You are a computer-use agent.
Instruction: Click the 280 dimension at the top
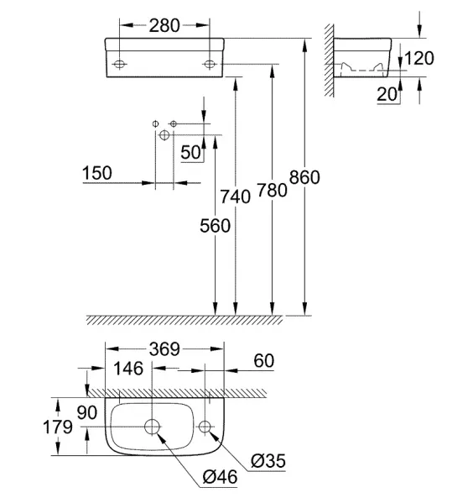click(164, 26)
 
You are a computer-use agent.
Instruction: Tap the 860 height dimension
click(304, 177)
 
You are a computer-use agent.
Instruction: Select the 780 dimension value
click(272, 191)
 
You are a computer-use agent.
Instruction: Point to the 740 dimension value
click(235, 196)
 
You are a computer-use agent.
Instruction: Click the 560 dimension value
click(215, 226)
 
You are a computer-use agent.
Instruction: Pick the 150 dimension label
click(97, 173)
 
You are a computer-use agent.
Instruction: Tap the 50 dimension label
click(190, 152)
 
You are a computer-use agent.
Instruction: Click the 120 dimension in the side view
click(419, 58)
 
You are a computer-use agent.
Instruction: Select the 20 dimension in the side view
click(387, 94)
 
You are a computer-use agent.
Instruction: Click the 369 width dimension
click(164, 349)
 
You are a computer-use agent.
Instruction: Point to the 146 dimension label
click(128, 369)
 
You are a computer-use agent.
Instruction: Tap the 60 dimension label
click(264, 360)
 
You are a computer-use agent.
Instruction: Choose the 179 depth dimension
click(58, 427)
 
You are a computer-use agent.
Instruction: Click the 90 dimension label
click(87, 412)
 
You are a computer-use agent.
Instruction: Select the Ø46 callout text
click(220, 477)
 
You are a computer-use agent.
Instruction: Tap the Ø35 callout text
click(268, 461)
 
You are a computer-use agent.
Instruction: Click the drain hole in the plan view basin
click(153, 427)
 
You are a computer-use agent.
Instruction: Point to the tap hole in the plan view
click(205, 427)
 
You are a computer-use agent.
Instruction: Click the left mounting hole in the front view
click(119, 64)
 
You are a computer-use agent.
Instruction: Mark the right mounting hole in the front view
click(210, 64)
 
